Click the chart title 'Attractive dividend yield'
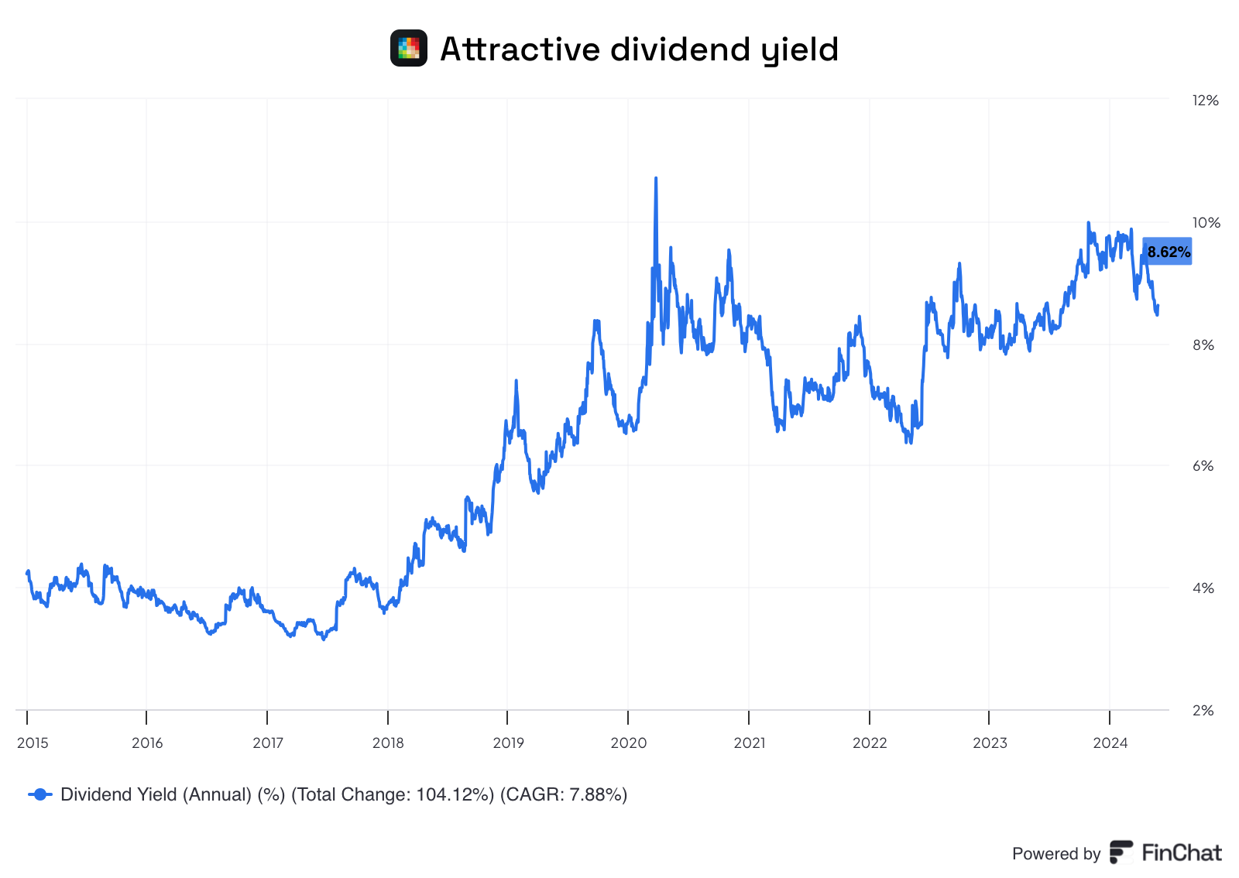639,50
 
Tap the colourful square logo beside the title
409,48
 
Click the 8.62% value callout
1168,252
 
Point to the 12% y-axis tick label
1206,101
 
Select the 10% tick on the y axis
1206,223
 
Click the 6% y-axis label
1203,466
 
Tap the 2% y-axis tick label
1203,710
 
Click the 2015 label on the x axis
33,743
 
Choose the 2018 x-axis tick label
388,743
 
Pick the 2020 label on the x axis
629,743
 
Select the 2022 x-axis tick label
870,743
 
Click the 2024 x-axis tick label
1110,743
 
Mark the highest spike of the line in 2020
656,179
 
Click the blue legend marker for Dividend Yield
40,794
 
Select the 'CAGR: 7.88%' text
563,794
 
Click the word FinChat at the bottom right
1182,853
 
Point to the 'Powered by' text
1056,854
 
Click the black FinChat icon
1121,852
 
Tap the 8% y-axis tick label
1203,345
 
